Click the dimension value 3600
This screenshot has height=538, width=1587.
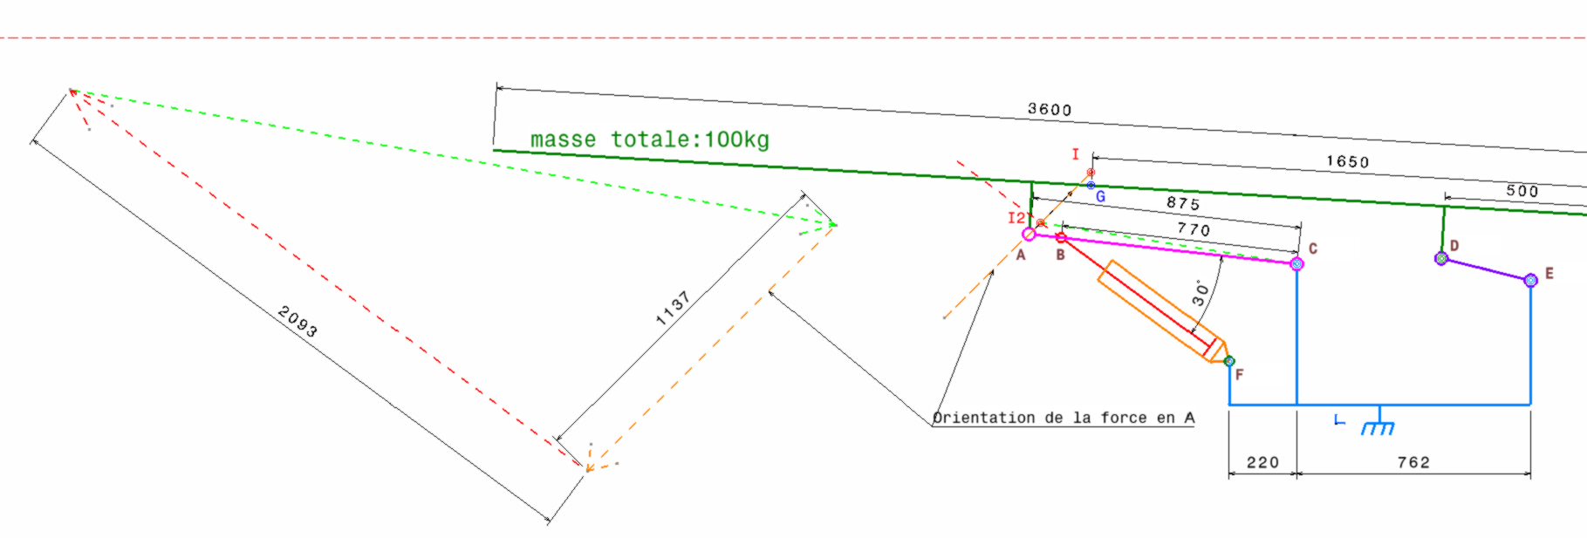1049,109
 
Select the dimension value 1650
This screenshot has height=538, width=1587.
1347,161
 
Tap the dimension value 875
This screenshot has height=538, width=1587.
1183,203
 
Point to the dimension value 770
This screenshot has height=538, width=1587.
1194,229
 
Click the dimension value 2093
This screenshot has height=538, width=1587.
298,321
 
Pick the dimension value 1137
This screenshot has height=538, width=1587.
673,309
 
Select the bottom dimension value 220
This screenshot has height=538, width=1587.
1262,462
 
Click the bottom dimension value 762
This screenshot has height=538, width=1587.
1413,462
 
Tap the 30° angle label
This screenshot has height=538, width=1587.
1201,293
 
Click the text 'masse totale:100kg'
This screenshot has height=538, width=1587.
649,140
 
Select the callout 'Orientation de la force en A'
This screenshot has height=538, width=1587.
1064,418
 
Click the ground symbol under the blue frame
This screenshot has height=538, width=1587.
1378,425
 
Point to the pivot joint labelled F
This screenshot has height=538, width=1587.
1229,361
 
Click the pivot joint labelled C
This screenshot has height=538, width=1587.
1296,263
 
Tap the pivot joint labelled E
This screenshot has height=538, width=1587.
1530,280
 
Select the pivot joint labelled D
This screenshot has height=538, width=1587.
1441,258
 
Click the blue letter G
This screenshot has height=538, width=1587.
1100,197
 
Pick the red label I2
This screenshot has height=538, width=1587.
1016,218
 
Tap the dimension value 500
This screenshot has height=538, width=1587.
1522,191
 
